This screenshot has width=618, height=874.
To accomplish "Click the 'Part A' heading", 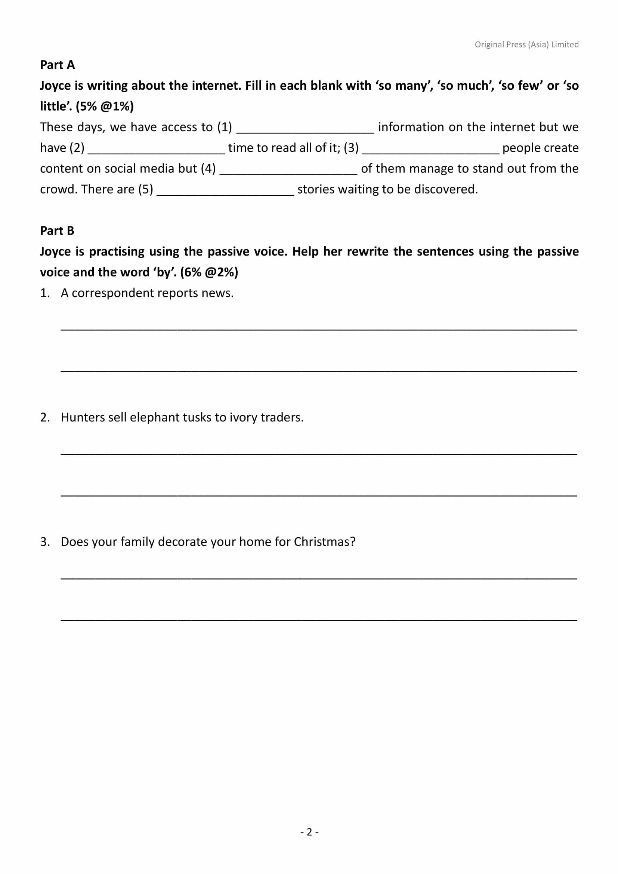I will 58,65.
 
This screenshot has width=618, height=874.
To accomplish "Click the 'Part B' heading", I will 57,231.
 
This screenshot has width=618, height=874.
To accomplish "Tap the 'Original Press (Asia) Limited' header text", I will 526,44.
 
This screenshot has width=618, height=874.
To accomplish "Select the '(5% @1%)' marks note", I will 105,106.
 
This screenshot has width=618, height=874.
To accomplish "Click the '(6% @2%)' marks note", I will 209,272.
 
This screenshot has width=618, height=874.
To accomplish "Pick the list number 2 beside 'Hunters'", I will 44,418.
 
